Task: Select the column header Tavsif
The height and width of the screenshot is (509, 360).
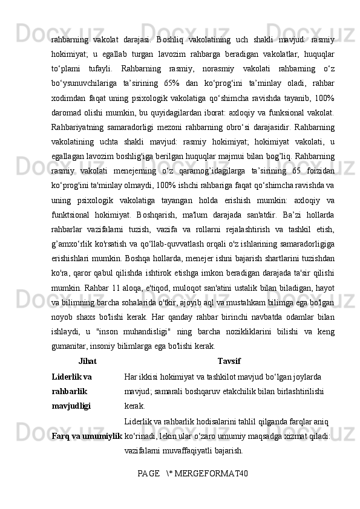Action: (229, 361)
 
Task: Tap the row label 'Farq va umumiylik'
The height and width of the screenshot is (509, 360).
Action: (87, 435)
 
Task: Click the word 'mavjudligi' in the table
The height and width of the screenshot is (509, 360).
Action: (71, 406)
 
